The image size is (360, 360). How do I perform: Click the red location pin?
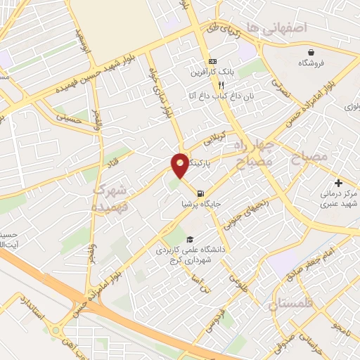tap(180, 165)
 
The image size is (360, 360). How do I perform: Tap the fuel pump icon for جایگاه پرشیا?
tap(202, 194)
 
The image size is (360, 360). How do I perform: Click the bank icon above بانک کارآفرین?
tap(214, 61)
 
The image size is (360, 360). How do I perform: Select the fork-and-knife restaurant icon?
tap(202, 83)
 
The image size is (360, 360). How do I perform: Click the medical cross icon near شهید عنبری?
tap(338, 183)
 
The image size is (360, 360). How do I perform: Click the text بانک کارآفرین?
tap(210, 72)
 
